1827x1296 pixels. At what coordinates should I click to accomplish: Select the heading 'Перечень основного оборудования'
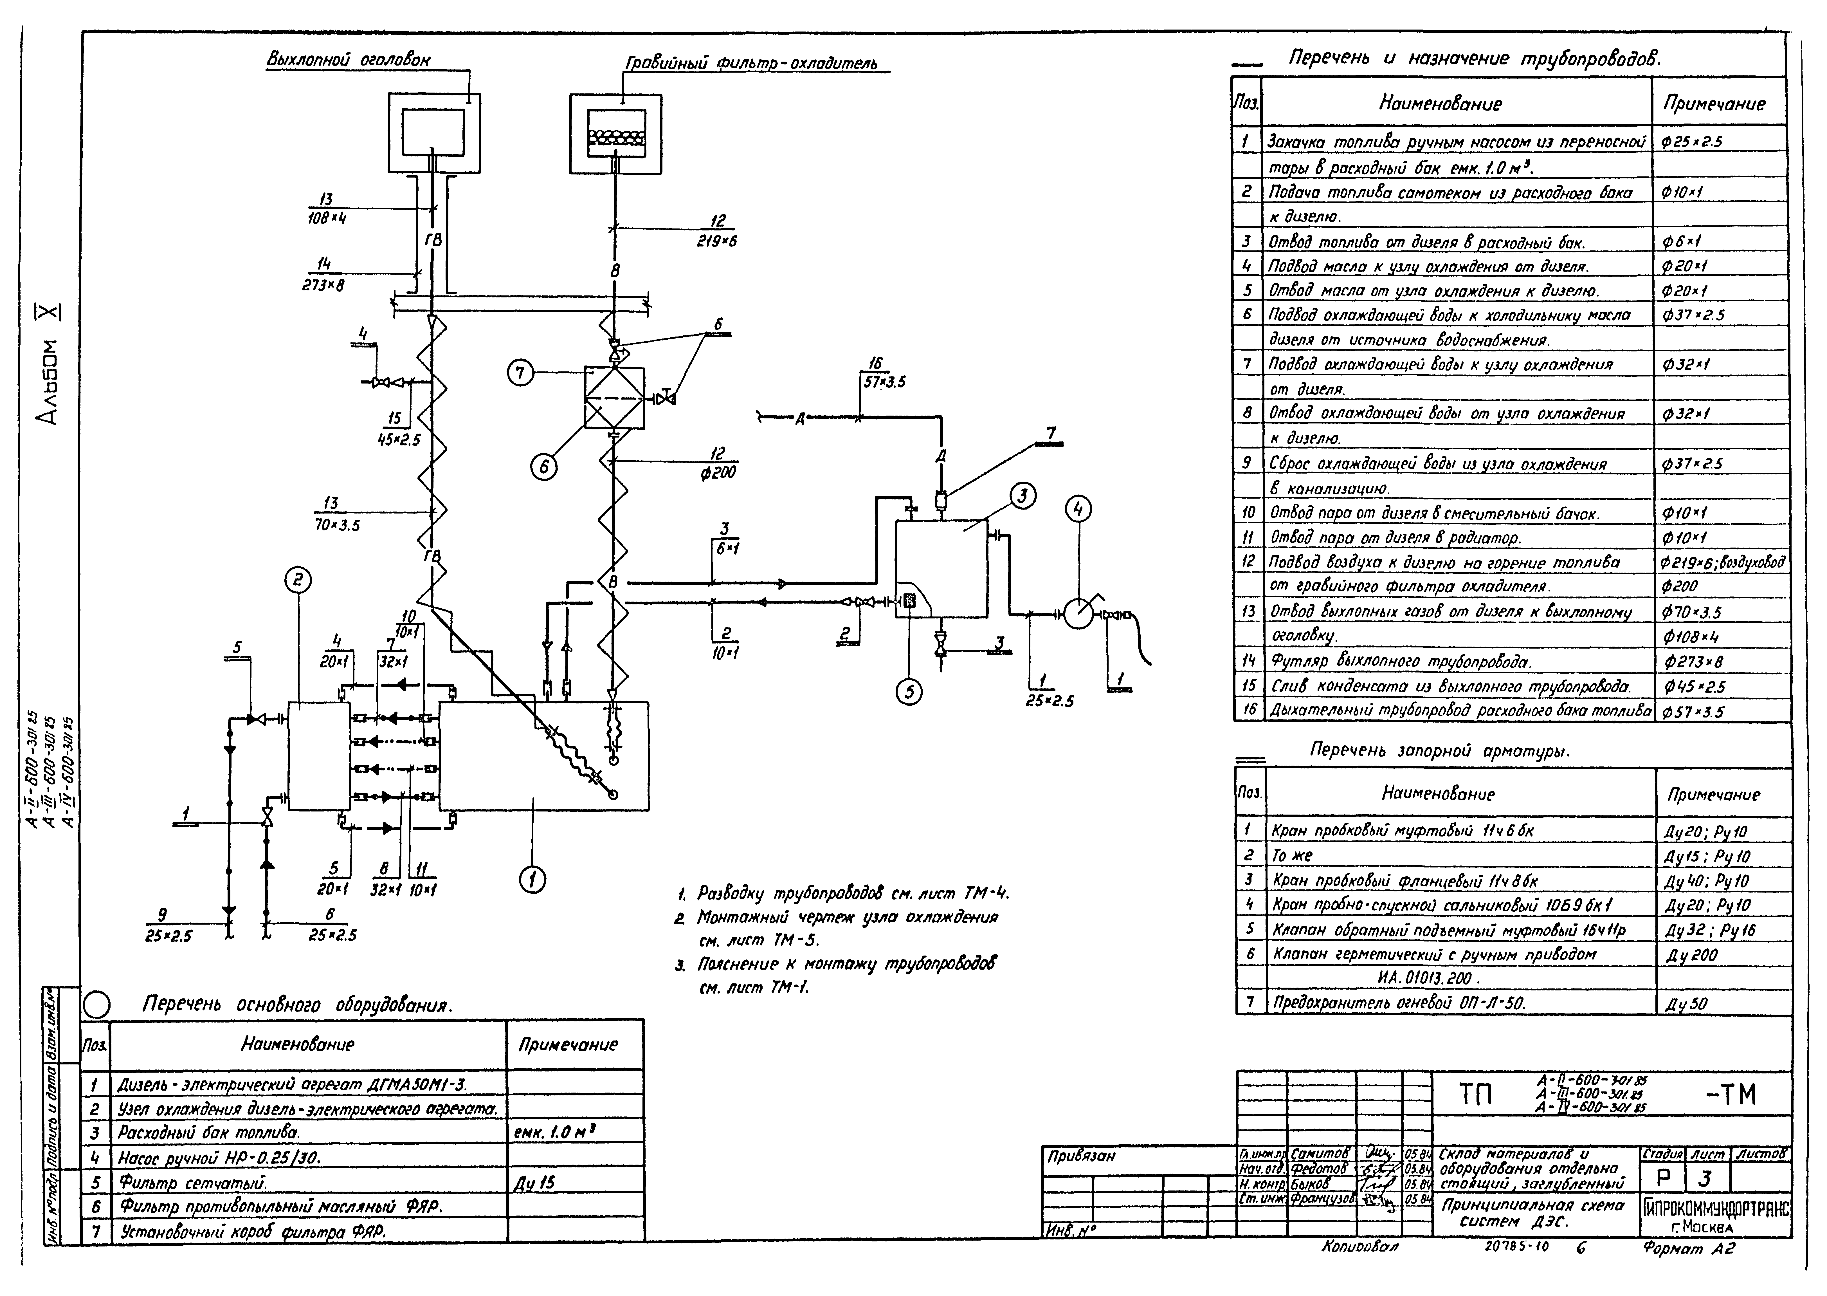297,1006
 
